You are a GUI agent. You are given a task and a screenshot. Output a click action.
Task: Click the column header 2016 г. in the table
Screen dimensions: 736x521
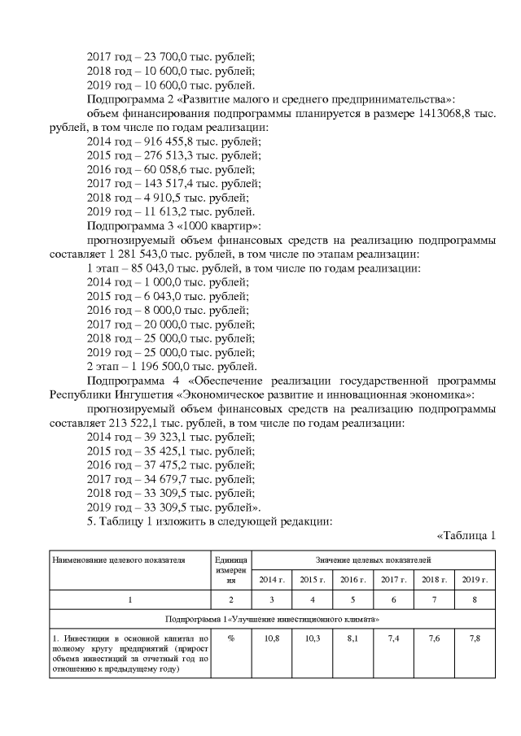click(x=352, y=579)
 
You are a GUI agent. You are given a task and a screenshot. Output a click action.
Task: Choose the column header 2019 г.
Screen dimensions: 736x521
click(x=475, y=579)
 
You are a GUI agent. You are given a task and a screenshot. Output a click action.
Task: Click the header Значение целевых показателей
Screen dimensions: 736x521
click(x=373, y=560)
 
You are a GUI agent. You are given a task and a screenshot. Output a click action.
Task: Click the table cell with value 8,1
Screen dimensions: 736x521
click(x=352, y=638)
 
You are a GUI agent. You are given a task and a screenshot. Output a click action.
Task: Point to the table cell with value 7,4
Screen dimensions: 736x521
click(x=393, y=638)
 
